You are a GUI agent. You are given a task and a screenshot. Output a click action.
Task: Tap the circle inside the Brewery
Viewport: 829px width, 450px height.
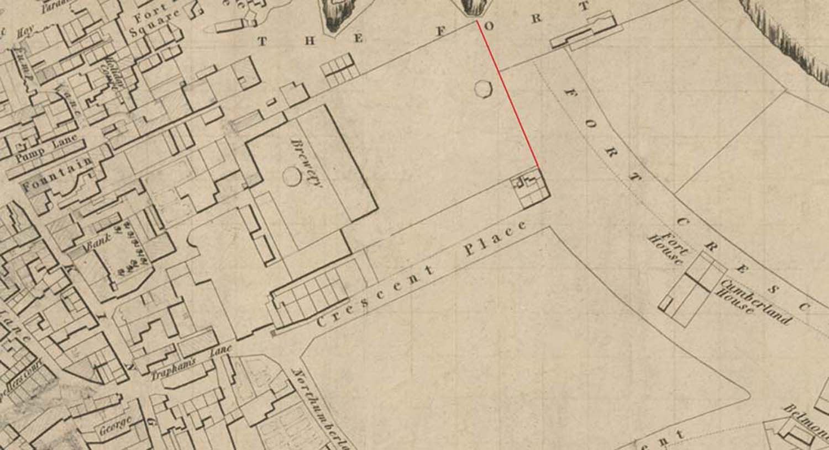291,177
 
